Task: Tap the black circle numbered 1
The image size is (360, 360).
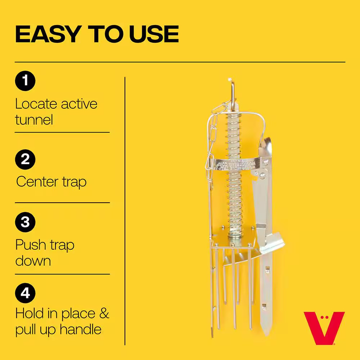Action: point(25,81)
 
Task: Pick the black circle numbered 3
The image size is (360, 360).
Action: point(25,222)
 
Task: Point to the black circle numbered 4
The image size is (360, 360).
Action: point(25,293)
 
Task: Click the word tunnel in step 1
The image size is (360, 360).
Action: point(34,120)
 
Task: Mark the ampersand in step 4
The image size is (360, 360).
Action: point(104,314)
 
